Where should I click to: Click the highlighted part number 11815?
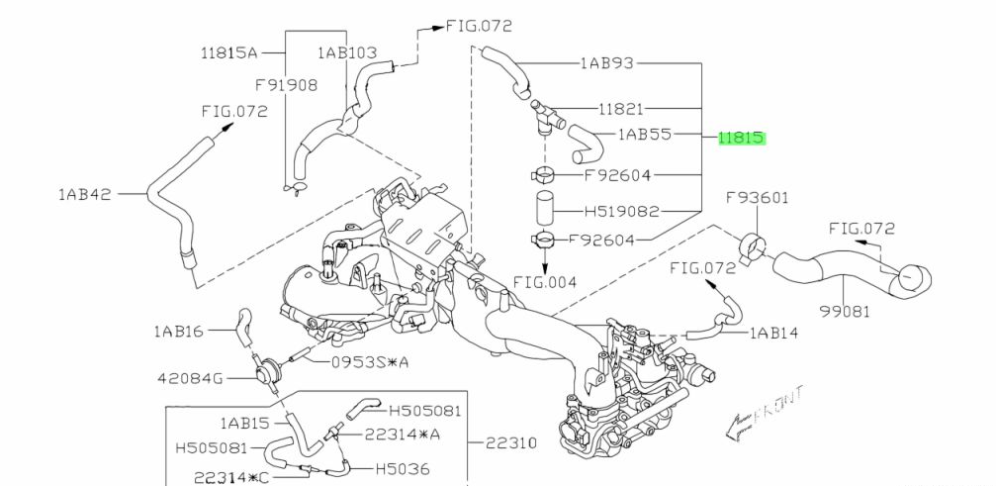tap(742, 139)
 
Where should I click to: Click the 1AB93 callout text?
tap(607, 63)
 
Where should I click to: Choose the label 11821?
tap(621, 108)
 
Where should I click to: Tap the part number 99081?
tap(844, 311)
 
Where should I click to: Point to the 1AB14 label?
tap(773, 334)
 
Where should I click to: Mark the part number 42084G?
tap(191, 377)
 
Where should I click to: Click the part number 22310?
tap(510, 442)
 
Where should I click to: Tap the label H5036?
tap(403, 468)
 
